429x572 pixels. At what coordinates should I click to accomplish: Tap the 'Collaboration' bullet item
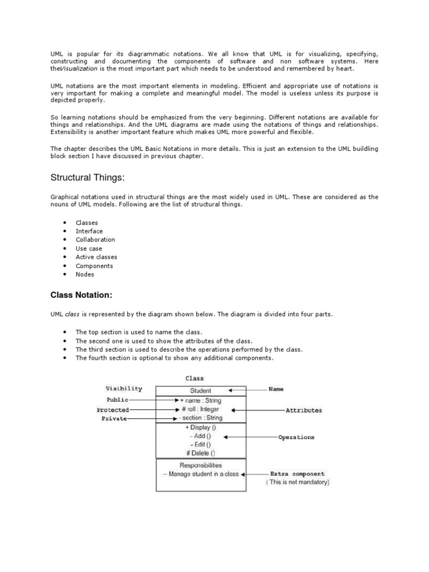(96, 240)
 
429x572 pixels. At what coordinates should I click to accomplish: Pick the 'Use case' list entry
(89, 249)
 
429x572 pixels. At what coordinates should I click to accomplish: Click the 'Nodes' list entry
(85, 274)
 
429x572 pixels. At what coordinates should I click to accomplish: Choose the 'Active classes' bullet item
(97, 257)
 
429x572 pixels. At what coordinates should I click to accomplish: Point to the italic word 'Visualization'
(78, 68)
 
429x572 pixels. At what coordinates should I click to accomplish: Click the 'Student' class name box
(200, 390)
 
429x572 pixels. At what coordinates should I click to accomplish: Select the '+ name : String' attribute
(201, 401)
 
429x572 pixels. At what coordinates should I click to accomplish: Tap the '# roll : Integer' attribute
(201, 409)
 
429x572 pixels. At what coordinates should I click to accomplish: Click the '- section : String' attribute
(201, 418)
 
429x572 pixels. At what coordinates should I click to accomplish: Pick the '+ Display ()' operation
(201, 428)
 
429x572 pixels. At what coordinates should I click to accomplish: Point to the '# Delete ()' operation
(200, 453)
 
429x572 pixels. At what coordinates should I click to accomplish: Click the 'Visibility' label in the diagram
(123, 388)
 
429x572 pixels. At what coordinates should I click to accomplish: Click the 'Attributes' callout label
(303, 410)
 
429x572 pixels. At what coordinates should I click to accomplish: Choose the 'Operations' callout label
(296, 437)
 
